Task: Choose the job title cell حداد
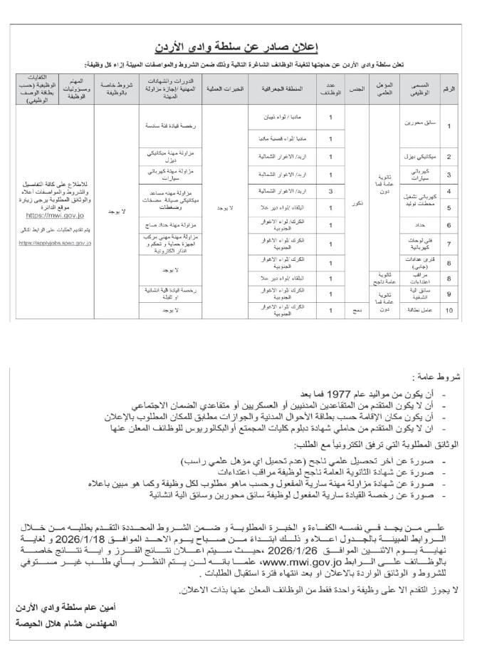click(x=416, y=225)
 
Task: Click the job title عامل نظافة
click(x=416, y=311)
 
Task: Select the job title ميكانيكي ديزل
click(x=416, y=155)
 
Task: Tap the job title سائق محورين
click(x=416, y=126)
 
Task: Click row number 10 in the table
click(x=449, y=311)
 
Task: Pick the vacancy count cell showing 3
click(x=330, y=191)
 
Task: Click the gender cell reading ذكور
click(x=359, y=202)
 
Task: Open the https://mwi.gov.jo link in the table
click(x=56, y=213)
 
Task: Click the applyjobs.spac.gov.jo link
click(x=56, y=243)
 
